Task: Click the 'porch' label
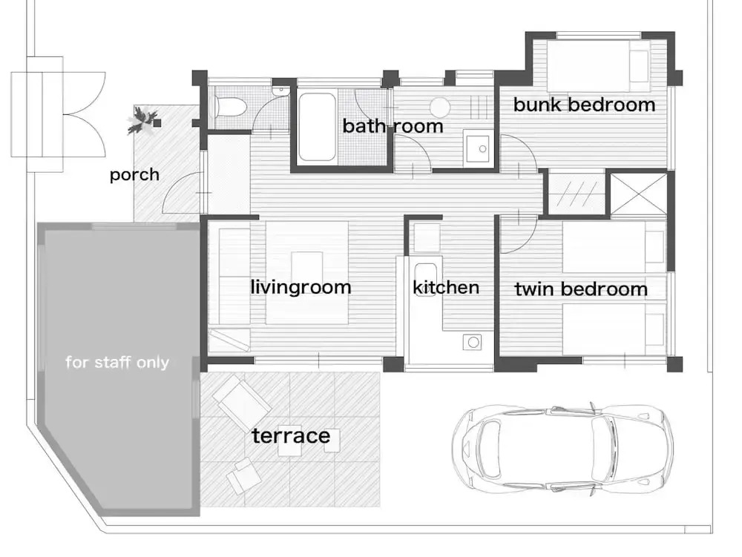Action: click(x=134, y=175)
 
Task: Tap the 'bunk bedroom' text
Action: click(x=584, y=105)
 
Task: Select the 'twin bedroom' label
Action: click(x=581, y=289)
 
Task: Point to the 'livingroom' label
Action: click(x=301, y=287)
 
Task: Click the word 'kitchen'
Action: click(x=446, y=288)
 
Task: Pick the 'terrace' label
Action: click(x=291, y=435)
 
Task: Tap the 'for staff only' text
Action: click(x=117, y=362)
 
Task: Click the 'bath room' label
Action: click(x=393, y=126)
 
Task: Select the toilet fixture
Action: click(x=229, y=107)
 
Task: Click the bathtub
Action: click(x=317, y=127)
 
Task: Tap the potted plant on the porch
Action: click(x=142, y=120)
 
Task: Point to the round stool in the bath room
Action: click(x=441, y=107)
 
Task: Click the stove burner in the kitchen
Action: click(x=472, y=342)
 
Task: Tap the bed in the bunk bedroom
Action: click(x=598, y=66)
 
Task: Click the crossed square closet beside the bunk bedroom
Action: click(x=638, y=194)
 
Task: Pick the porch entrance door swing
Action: click(x=182, y=192)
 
